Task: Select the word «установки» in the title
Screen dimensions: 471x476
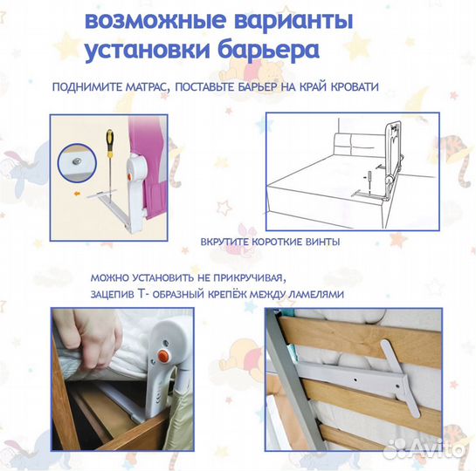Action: point(148,51)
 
